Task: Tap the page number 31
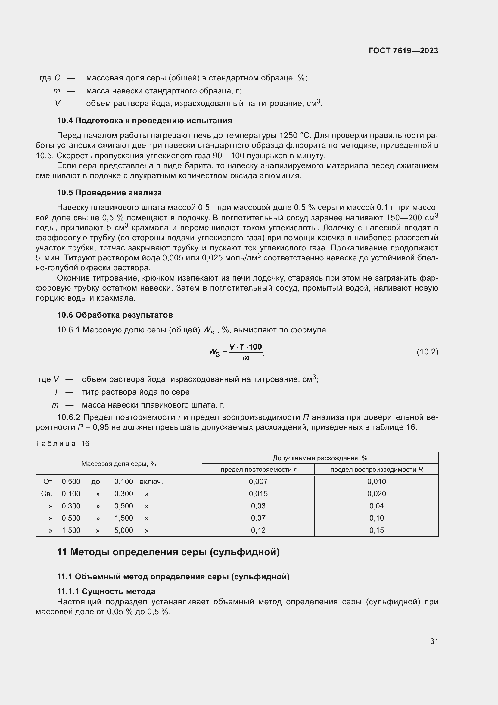(x=434, y=641)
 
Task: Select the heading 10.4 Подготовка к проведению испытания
(x=144, y=121)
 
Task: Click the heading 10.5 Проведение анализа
(x=109, y=193)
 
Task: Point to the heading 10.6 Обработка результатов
(x=115, y=315)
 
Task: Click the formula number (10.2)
(x=427, y=352)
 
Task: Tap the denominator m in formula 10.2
(x=246, y=358)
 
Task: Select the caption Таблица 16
(x=62, y=443)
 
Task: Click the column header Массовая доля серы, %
(x=119, y=464)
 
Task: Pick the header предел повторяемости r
(x=258, y=470)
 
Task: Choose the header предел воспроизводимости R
(x=376, y=470)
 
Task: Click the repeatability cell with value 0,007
(x=258, y=481)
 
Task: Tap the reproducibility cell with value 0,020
(x=376, y=494)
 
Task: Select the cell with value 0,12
(x=258, y=530)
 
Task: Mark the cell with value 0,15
(x=376, y=530)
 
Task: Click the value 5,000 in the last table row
(x=123, y=530)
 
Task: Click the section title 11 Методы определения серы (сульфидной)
(x=168, y=552)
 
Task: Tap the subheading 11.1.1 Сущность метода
(x=106, y=591)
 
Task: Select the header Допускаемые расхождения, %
(x=320, y=458)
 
